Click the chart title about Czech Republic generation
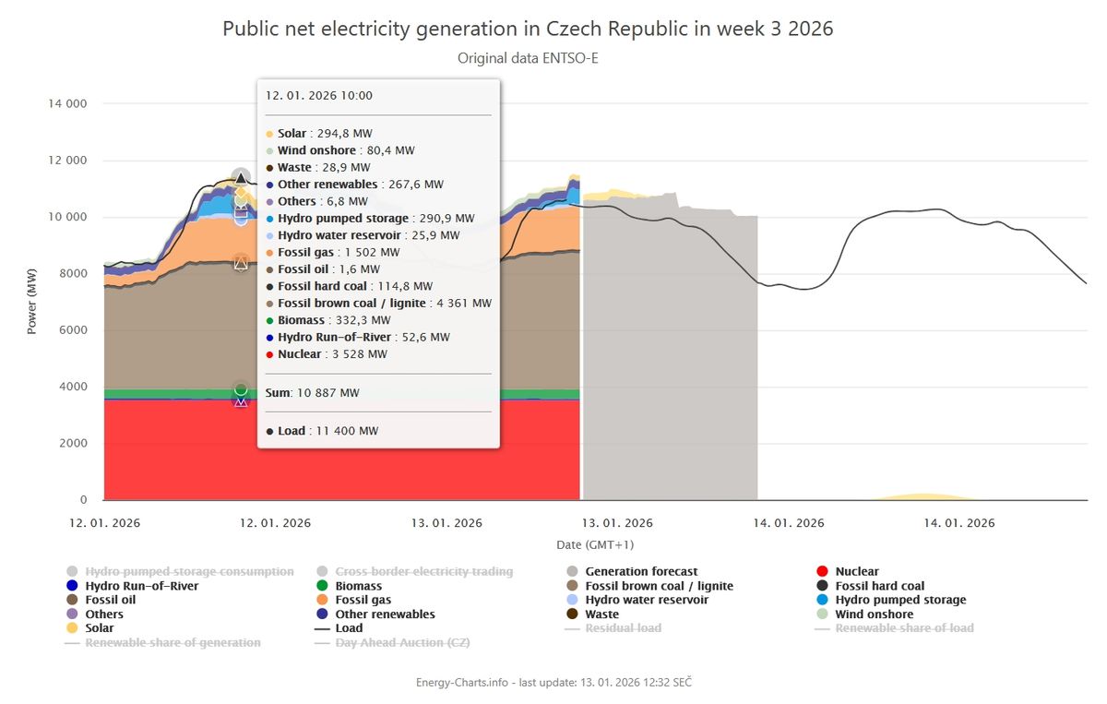click(x=528, y=29)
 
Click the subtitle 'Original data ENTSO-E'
click(x=528, y=58)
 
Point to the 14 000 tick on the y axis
click(x=67, y=103)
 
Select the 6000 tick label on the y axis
click(x=73, y=329)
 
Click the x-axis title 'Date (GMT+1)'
click(x=595, y=544)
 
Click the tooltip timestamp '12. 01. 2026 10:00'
click(x=319, y=95)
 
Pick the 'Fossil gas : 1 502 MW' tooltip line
click(x=339, y=252)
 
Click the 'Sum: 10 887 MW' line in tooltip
click(x=313, y=393)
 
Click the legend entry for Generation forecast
click(x=641, y=572)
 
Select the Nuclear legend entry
click(x=856, y=572)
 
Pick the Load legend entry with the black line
click(x=347, y=628)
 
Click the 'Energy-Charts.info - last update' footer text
click(x=553, y=682)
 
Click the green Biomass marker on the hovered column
click(x=241, y=389)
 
